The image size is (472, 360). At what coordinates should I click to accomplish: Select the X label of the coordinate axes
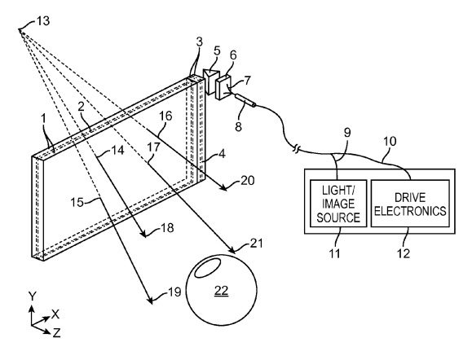click(55, 314)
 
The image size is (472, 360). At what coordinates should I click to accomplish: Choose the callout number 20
click(245, 181)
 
